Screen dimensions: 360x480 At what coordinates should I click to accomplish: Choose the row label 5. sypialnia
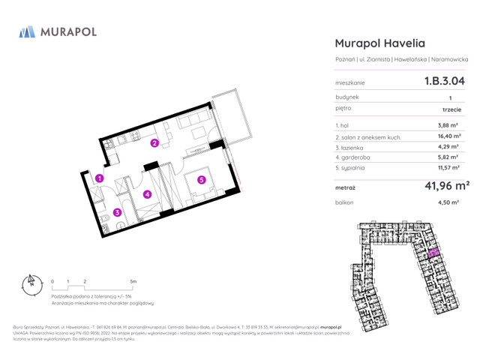pos(355,169)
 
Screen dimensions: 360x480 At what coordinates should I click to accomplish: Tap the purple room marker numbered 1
pos(99,178)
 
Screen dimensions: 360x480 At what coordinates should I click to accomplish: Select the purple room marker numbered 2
pos(154,142)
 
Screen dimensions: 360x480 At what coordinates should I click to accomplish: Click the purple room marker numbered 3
pos(118,211)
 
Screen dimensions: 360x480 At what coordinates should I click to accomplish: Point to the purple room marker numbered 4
pos(148,195)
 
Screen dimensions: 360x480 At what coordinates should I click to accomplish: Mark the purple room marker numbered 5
pos(202,179)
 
